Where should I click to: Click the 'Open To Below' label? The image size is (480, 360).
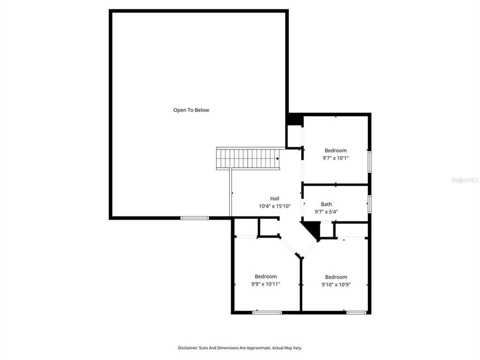pyautogui.click(x=191, y=110)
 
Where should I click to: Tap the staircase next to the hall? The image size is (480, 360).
pyautogui.click(x=247, y=158)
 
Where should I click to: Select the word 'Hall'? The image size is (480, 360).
pyautogui.click(x=274, y=198)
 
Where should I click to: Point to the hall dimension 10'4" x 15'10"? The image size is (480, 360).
pyautogui.click(x=274, y=206)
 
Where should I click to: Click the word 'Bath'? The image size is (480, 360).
pyautogui.click(x=326, y=204)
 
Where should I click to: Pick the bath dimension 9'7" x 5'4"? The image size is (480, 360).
pyautogui.click(x=326, y=211)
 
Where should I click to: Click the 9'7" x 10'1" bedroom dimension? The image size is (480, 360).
pyautogui.click(x=335, y=158)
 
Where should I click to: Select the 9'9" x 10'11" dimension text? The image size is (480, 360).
pyautogui.click(x=265, y=284)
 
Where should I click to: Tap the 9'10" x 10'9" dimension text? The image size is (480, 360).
pyautogui.click(x=336, y=284)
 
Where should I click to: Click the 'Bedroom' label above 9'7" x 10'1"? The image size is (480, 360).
pyautogui.click(x=335, y=150)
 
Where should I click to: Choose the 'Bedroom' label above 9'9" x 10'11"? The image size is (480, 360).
pyautogui.click(x=265, y=276)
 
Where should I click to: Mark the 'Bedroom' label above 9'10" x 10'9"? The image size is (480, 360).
pyautogui.click(x=336, y=277)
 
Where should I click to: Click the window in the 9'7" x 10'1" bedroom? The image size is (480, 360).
pyautogui.click(x=369, y=161)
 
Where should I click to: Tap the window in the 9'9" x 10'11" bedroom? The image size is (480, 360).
pyautogui.click(x=267, y=312)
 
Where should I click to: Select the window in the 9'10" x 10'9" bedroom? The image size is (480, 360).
pyautogui.click(x=356, y=312)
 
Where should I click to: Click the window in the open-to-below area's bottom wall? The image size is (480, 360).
pyautogui.click(x=194, y=217)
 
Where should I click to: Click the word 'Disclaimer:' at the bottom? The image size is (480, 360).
pyautogui.click(x=189, y=347)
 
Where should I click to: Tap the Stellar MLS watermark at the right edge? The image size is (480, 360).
pyautogui.click(x=465, y=179)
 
